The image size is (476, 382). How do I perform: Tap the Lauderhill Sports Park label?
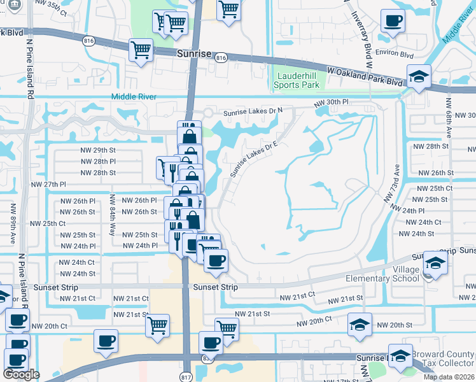[x=297, y=80]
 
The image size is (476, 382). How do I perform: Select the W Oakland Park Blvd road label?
[x=365, y=76]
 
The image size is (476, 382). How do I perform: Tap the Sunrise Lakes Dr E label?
[x=254, y=159]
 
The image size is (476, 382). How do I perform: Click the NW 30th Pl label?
[x=332, y=103]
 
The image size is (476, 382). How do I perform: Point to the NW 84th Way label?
[x=112, y=215]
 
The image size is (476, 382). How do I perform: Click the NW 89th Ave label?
[x=12, y=220]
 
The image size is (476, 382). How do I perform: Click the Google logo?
[x=22, y=374]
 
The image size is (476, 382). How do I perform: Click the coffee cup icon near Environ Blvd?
[x=393, y=21]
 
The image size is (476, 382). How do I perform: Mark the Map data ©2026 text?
[x=449, y=377]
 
